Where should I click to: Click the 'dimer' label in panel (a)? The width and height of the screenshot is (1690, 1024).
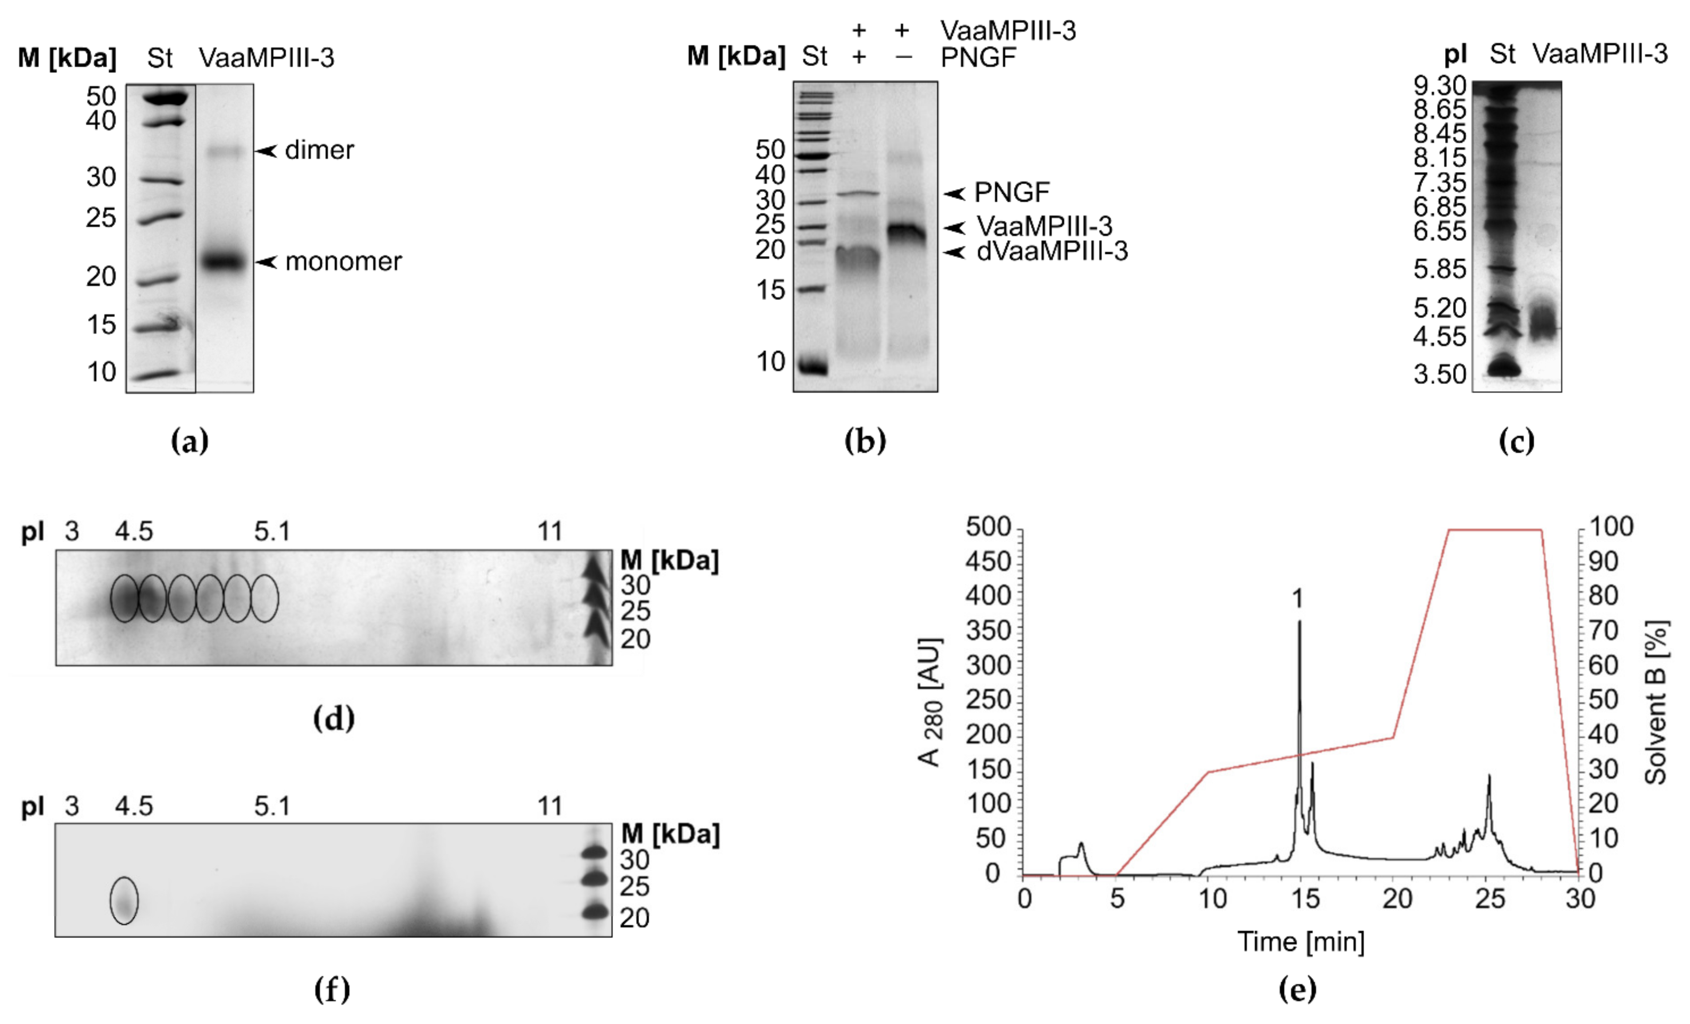click(319, 150)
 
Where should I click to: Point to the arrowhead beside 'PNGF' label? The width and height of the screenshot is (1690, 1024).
click(954, 193)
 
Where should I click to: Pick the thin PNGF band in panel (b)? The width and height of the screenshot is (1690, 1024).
click(857, 194)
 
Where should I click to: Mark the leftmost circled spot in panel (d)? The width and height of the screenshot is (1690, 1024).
click(124, 598)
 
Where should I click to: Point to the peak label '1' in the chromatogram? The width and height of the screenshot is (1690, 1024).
click(1297, 599)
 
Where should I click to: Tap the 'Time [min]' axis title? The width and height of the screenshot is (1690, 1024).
click(1300, 941)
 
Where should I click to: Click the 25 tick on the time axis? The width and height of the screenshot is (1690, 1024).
click(1490, 898)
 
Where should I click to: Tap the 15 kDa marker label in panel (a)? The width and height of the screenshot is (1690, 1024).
click(102, 324)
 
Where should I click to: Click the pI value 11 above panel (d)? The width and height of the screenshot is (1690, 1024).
click(549, 532)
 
